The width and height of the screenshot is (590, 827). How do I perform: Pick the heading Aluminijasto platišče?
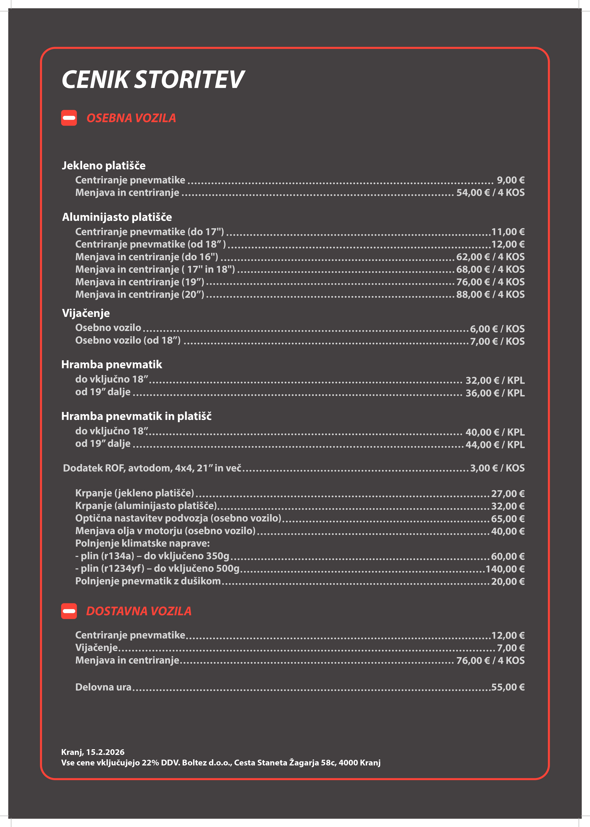pos(117,217)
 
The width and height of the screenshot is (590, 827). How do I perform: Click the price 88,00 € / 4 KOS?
pos(490,294)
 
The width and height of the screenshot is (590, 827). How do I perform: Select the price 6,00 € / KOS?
pos(497,329)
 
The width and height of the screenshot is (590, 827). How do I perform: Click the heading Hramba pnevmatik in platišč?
pos(136,416)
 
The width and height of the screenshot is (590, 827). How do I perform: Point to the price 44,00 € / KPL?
pos(495,444)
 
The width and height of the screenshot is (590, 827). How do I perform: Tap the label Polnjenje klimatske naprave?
pos(142,543)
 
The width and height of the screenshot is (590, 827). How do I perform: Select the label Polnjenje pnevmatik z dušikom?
pos(148,581)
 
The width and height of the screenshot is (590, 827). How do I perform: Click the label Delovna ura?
pos(103,687)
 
